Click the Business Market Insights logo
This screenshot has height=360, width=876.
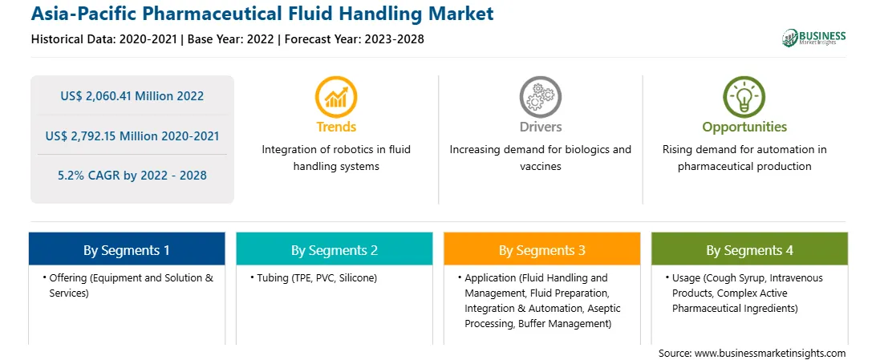tap(813, 38)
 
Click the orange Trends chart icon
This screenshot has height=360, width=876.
tap(336, 97)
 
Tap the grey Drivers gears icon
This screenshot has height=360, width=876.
tap(540, 97)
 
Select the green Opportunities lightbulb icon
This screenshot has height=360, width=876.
tap(744, 97)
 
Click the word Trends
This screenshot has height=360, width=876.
tap(336, 127)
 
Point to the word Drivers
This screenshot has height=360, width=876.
tap(540, 127)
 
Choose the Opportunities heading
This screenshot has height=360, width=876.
tap(744, 127)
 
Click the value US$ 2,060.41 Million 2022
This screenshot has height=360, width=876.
tap(132, 96)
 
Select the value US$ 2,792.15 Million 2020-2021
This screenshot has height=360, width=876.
tap(132, 136)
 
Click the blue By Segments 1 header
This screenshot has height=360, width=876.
tap(127, 250)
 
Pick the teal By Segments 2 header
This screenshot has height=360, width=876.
tap(334, 250)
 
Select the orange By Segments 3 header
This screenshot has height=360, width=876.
tap(542, 250)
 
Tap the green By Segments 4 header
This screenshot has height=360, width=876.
tap(750, 250)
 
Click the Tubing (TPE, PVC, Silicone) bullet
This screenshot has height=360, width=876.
tap(314, 278)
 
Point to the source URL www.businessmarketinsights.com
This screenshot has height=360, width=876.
tap(770, 353)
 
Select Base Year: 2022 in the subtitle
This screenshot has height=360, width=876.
tap(231, 39)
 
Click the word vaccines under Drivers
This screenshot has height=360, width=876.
tap(540, 166)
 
